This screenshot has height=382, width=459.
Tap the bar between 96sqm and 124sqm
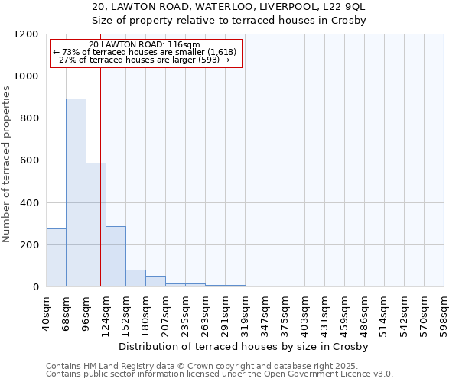pos(96,225)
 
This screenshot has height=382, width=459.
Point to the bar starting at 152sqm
pos(135,278)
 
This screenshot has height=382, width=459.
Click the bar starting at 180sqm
pos(155,281)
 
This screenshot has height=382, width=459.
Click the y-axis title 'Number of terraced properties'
pos(7,163)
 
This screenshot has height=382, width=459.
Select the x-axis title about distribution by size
pos(244,346)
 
